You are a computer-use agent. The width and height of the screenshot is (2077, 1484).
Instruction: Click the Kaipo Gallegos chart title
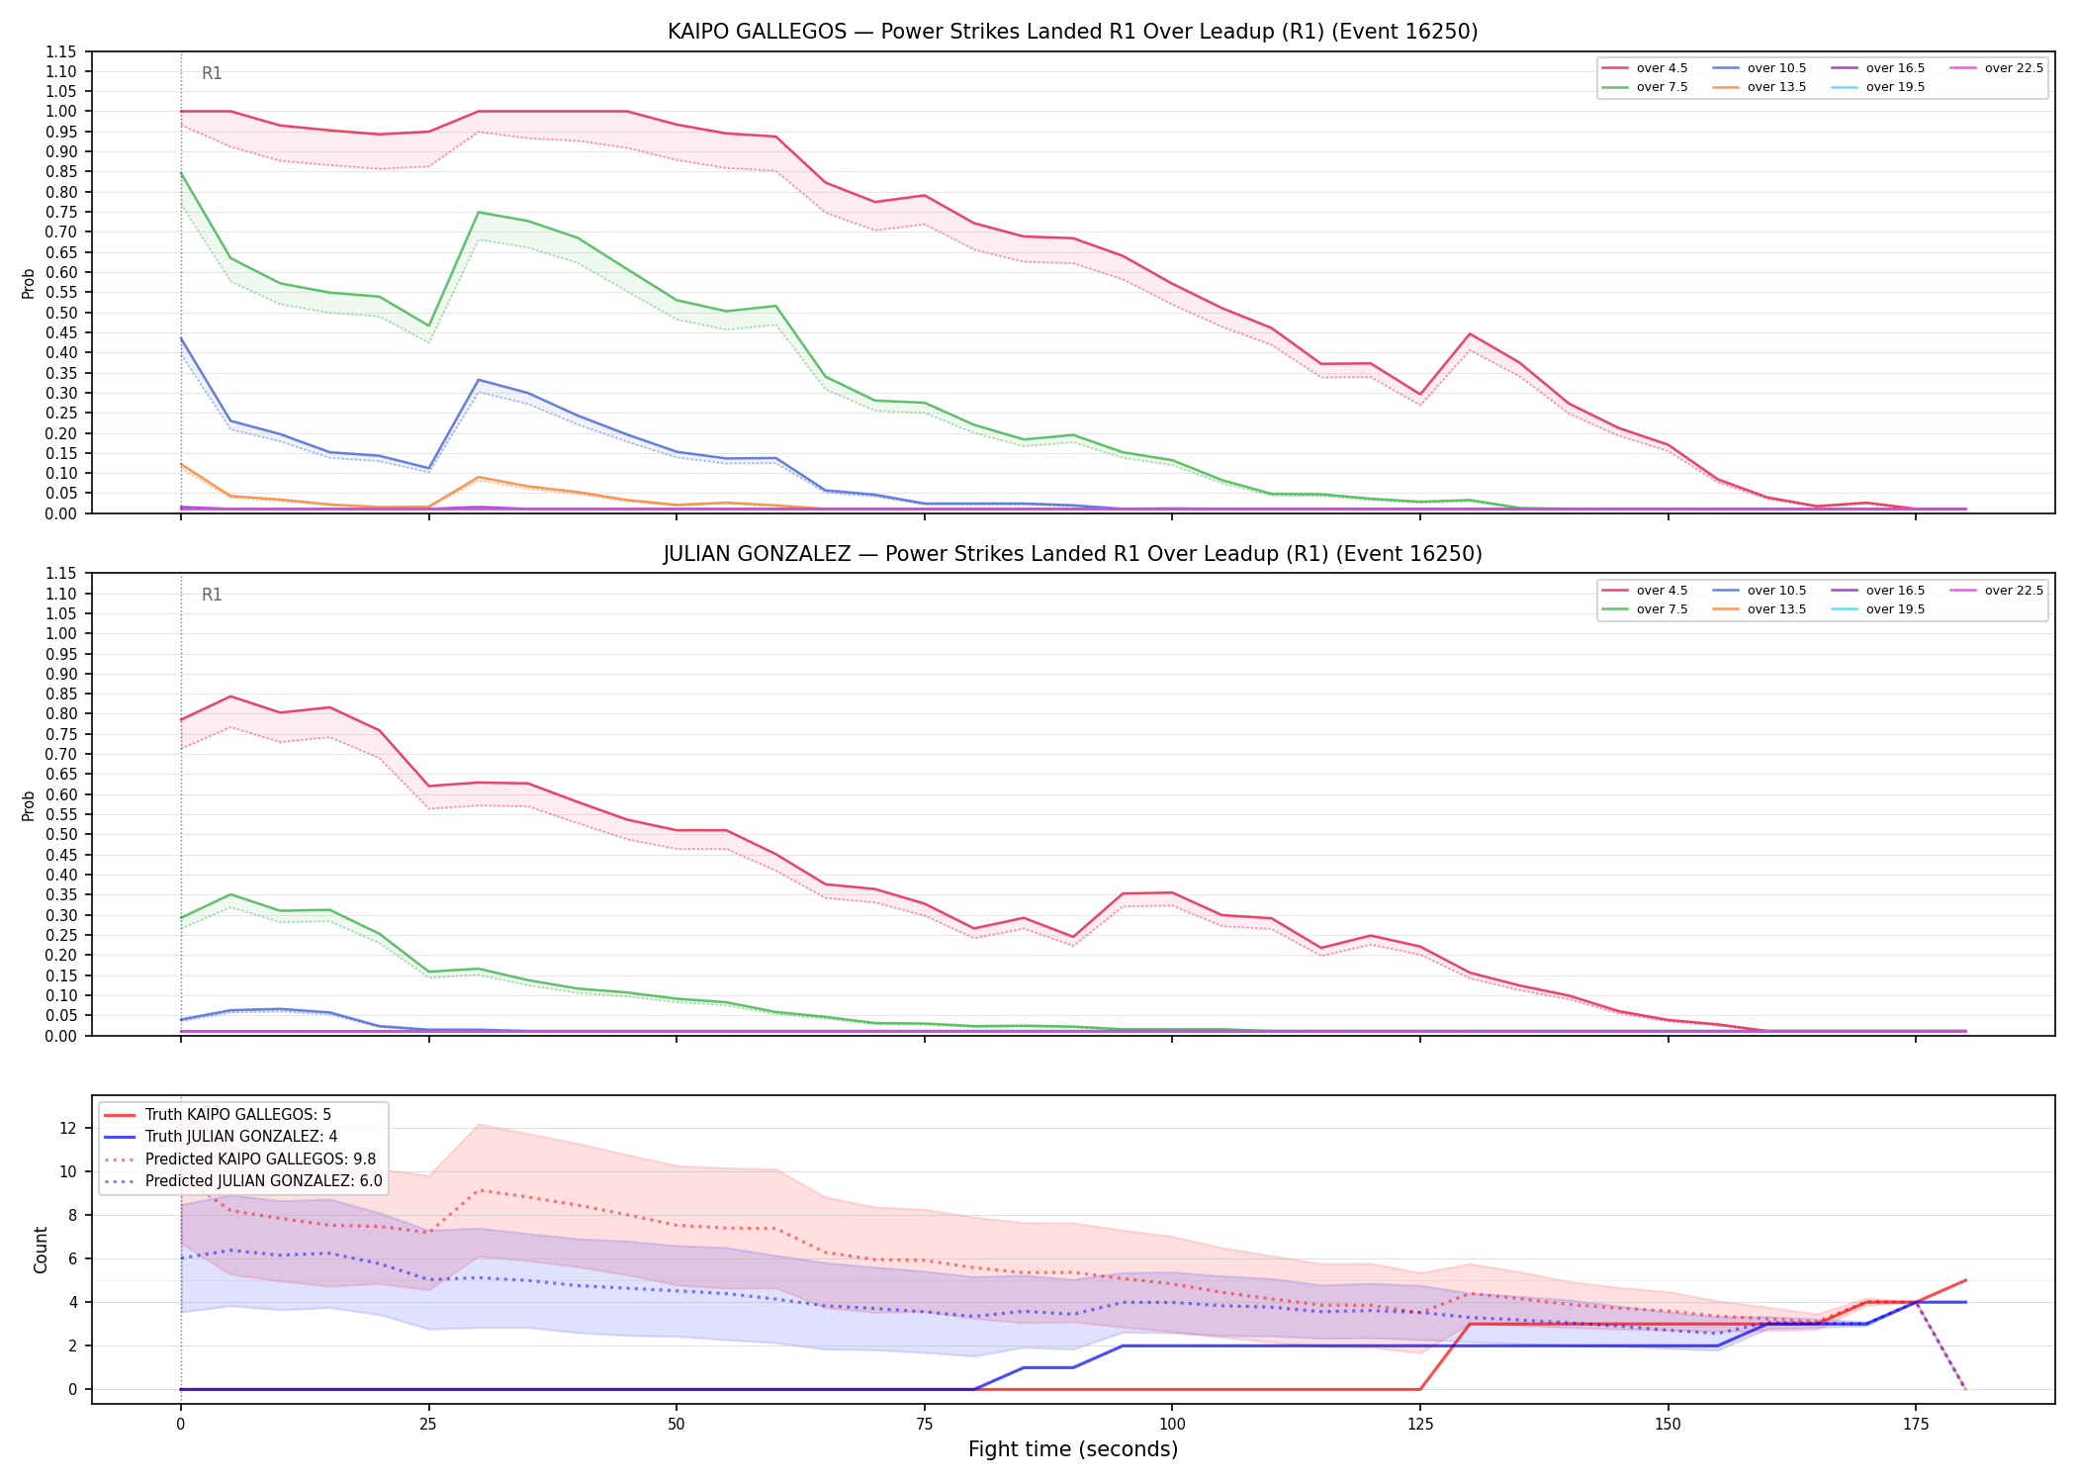click(x=1072, y=32)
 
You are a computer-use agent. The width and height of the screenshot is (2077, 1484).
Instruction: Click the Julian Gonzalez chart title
click(x=1072, y=554)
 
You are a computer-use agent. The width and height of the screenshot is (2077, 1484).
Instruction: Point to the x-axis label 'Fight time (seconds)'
click(x=1073, y=1449)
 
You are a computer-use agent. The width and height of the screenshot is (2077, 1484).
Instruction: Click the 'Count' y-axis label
click(x=41, y=1250)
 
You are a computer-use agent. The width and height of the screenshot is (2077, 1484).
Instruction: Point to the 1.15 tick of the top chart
click(x=61, y=51)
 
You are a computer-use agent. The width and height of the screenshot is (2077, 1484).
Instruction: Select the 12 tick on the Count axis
click(x=68, y=1128)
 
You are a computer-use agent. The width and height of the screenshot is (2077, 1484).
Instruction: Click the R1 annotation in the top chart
click(x=212, y=73)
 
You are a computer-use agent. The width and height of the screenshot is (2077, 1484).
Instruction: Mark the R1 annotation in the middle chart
click(x=212, y=595)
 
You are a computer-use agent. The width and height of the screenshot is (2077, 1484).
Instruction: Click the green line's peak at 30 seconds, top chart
click(x=478, y=212)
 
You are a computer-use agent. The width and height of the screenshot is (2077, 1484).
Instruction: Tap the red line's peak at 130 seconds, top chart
click(x=1470, y=333)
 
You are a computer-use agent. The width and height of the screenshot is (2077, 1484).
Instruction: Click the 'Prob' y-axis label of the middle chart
click(x=29, y=805)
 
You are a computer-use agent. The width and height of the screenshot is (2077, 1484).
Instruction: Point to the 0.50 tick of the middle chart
click(x=61, y=834)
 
